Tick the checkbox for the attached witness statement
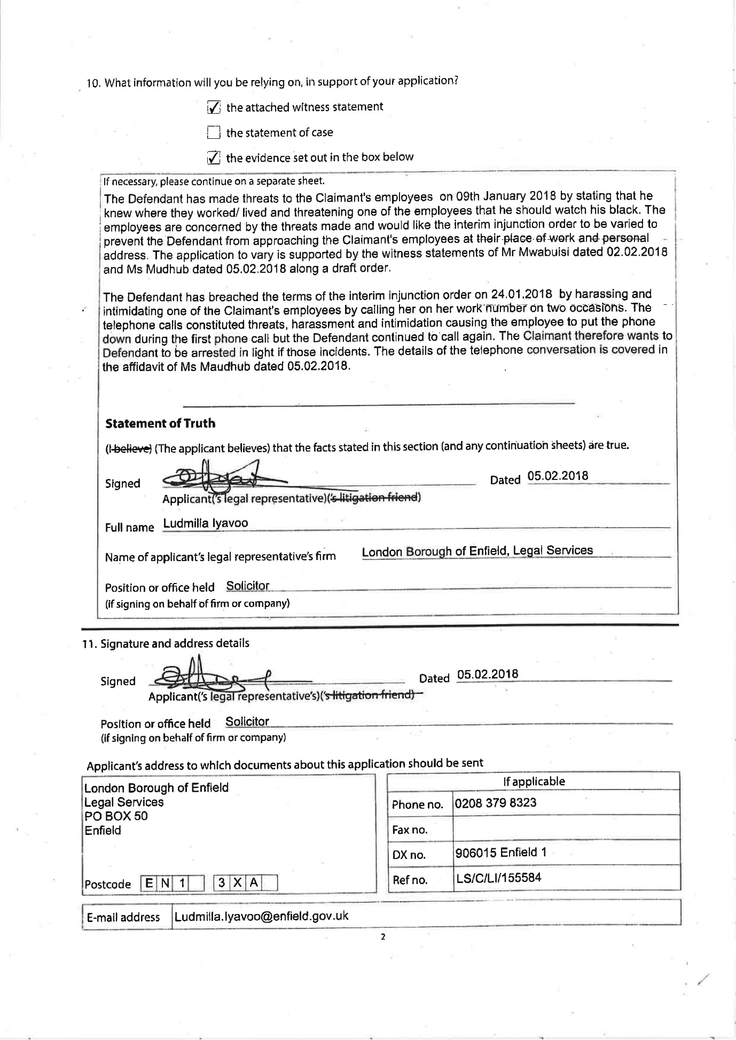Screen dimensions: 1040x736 pos(213,108)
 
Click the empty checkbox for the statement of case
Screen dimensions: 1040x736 pos(213,132)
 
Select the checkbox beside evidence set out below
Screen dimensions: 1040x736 pos(213,157)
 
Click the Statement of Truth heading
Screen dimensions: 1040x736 pos(160,423)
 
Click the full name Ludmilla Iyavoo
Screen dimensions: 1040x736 pos(206,523)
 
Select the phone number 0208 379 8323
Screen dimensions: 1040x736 pos(495,803)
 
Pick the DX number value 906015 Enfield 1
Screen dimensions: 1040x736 pos(500,852)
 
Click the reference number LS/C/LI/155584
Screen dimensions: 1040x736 pos(498,878)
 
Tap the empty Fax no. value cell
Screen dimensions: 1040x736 pos(565,829)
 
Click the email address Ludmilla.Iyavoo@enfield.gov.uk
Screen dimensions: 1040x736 pos(261,916)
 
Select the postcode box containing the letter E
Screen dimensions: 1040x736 pos(148,883)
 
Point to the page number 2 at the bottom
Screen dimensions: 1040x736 pos(383,936)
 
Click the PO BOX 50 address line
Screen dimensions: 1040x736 pos(116,816)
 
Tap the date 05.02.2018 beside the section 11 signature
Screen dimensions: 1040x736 pos(488,674)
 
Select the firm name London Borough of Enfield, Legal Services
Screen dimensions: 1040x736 pos(477,550)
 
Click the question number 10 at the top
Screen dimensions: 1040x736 pos(93,83)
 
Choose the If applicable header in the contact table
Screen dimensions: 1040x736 pos(534,782)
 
